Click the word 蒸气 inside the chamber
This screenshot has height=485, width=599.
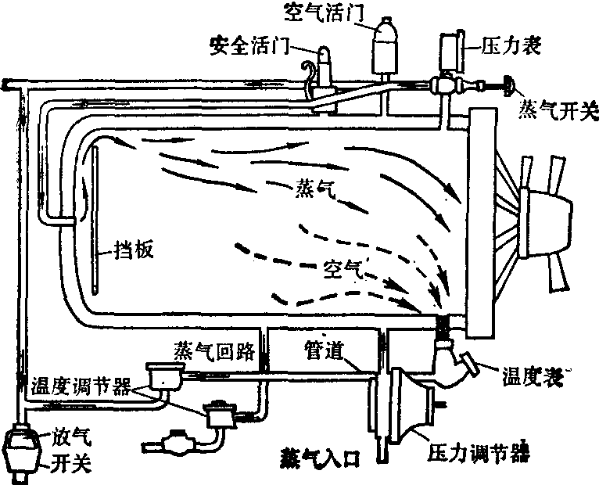pos(314,188)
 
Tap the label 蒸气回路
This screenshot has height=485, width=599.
pos(215,350)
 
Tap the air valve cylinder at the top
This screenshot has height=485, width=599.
pos(383,48)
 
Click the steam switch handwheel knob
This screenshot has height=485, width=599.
pos(510,83)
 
